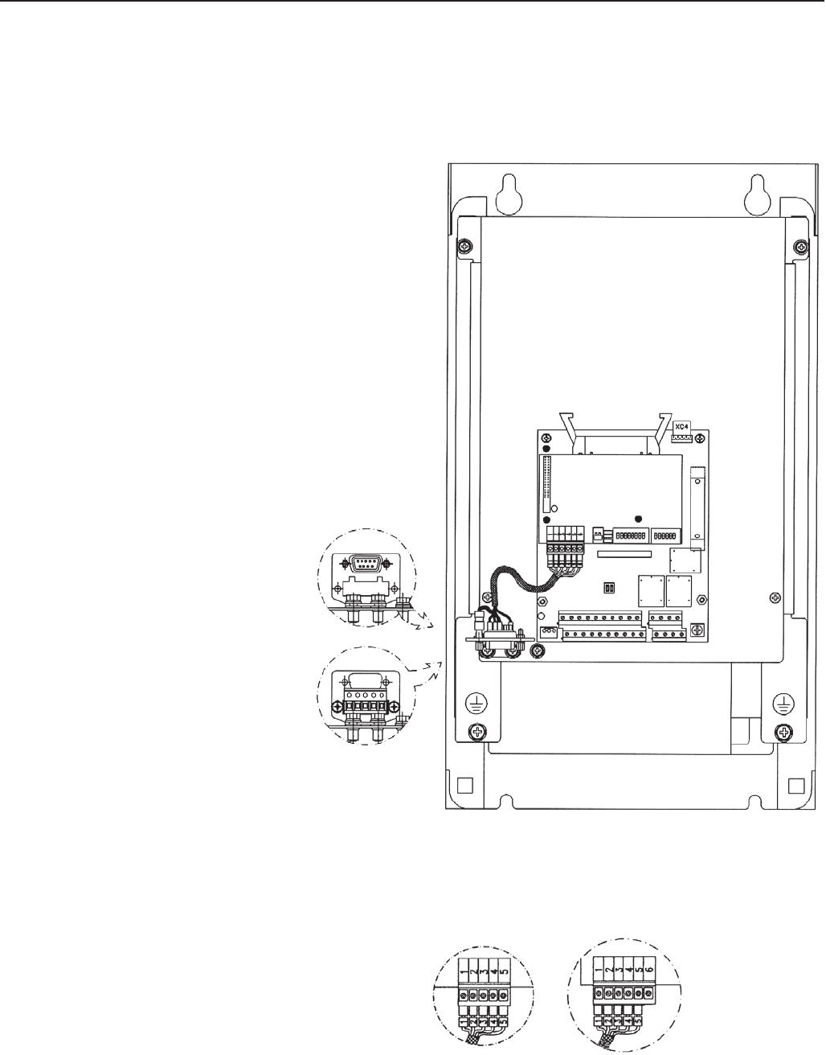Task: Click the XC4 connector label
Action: point(681,427)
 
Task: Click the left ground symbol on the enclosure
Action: point(476,703)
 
